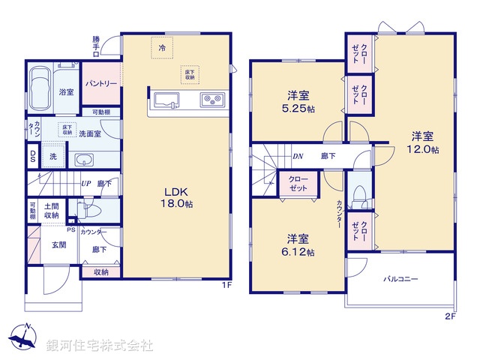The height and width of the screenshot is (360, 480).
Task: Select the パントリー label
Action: [100, 84]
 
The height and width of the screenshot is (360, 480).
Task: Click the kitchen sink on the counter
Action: [166, 100]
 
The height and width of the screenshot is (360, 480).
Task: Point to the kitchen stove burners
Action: [209, 100]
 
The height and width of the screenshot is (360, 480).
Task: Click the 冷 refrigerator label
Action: [162, 46]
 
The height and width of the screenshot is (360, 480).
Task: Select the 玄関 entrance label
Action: [59, 244]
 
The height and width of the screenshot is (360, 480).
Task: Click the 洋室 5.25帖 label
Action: [298, 101]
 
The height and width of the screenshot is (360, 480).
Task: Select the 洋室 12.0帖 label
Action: [421, 142]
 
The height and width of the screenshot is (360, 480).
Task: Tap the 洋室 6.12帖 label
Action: [298, 244]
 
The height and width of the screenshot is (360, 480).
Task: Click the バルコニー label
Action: [401, 278]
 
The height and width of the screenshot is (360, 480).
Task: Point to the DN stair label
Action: [297, 156]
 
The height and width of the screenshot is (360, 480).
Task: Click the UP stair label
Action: [86, 183]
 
